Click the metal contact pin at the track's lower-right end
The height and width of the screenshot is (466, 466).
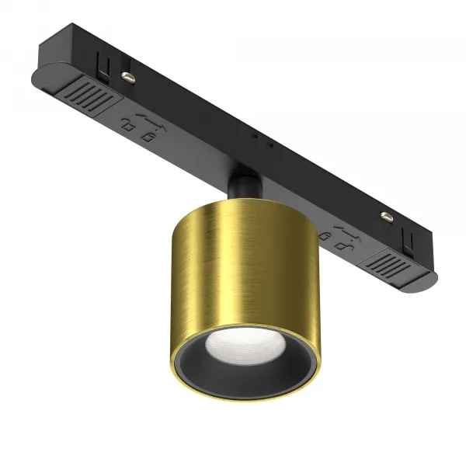[x=382, y=217]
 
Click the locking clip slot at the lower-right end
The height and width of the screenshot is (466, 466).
[x=405, y=232]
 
